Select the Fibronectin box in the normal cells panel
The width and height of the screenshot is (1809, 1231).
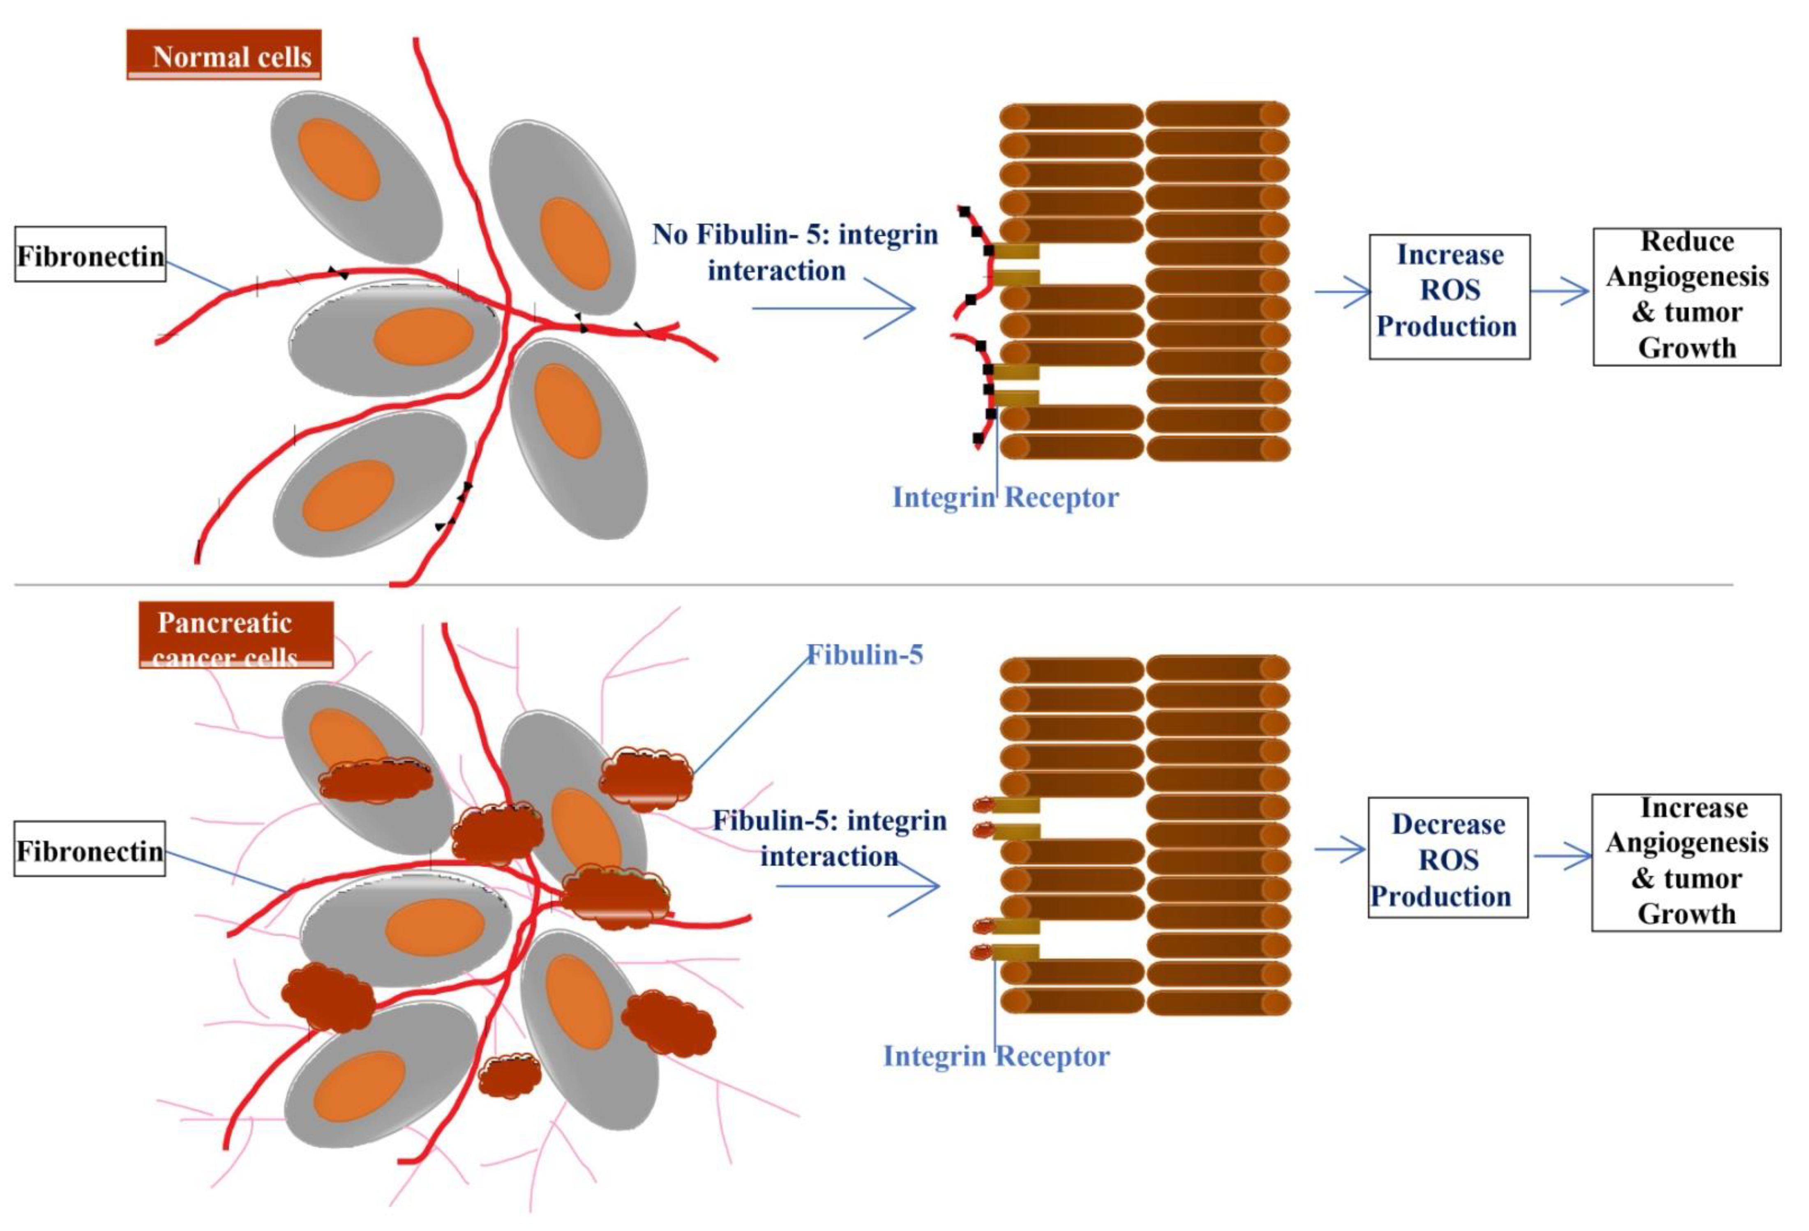90,254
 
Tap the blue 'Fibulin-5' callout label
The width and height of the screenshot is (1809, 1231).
864,655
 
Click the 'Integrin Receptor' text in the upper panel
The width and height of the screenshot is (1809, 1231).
1005,496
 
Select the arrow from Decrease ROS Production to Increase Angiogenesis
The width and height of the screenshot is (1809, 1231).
1562,857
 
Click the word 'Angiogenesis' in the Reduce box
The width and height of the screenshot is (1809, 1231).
1687,276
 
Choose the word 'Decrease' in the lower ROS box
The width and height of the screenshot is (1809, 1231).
1448,824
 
